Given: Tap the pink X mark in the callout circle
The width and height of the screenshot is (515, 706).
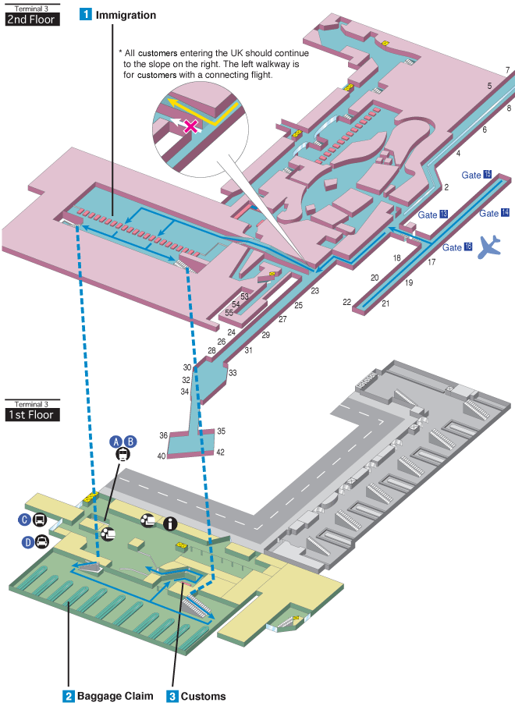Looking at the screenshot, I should [189, 126].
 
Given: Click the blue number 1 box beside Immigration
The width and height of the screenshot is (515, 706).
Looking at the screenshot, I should [87, 15].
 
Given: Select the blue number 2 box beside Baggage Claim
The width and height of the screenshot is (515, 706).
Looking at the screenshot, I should [69, 696].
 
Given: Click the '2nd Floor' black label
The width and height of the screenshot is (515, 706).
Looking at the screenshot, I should [31, 19].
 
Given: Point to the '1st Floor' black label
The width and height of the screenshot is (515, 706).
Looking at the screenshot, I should [31, 414].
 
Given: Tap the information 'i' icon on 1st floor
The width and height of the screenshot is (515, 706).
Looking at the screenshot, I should [169, 524].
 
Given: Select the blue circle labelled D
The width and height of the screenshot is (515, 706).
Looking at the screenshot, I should [28, 541].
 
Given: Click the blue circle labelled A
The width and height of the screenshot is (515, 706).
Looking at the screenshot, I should [115, 441].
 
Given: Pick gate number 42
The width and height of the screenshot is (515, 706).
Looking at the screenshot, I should [221, 452].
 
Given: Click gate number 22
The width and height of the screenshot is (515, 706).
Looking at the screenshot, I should [346, 301].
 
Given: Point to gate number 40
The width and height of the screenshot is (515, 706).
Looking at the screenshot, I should [162, 456].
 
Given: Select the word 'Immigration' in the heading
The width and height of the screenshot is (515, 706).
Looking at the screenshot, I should [126, 15].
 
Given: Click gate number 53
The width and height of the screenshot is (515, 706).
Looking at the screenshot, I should [244, 296].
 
